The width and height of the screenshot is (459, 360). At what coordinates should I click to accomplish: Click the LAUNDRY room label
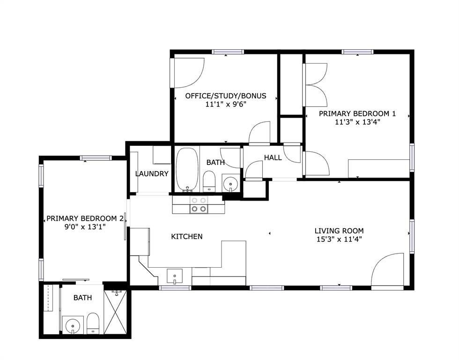click(x=151, y=173)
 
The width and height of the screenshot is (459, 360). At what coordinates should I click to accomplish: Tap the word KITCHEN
click(x=186, y=236)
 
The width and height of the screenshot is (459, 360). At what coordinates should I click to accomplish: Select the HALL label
click(x=273, y=157)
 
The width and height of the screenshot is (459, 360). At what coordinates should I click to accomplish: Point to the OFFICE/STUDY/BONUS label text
click(x=225, y=96)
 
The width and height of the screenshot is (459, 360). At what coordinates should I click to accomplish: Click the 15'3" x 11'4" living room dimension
click(x=339, y=239)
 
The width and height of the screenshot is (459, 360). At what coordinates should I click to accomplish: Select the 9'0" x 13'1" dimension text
click(x=85, y=227)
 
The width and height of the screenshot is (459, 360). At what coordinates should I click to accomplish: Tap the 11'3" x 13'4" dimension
click(x=357, y=122)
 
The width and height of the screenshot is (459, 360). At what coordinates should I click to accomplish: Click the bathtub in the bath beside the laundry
click(x=187, y=170)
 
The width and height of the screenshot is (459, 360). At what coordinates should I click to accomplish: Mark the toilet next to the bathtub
click(x=209, y=181)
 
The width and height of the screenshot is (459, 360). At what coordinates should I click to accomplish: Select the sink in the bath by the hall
click(x=230, y=183)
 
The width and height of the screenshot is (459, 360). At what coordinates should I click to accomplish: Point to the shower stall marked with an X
click(x=115, y=312)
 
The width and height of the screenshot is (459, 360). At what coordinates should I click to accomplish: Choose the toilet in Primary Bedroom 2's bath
click(x=93, y=323)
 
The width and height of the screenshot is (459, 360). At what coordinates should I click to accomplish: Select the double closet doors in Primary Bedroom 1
click(x=315, y=84)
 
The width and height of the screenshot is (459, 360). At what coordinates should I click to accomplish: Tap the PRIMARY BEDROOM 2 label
click(x=85, y=218)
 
